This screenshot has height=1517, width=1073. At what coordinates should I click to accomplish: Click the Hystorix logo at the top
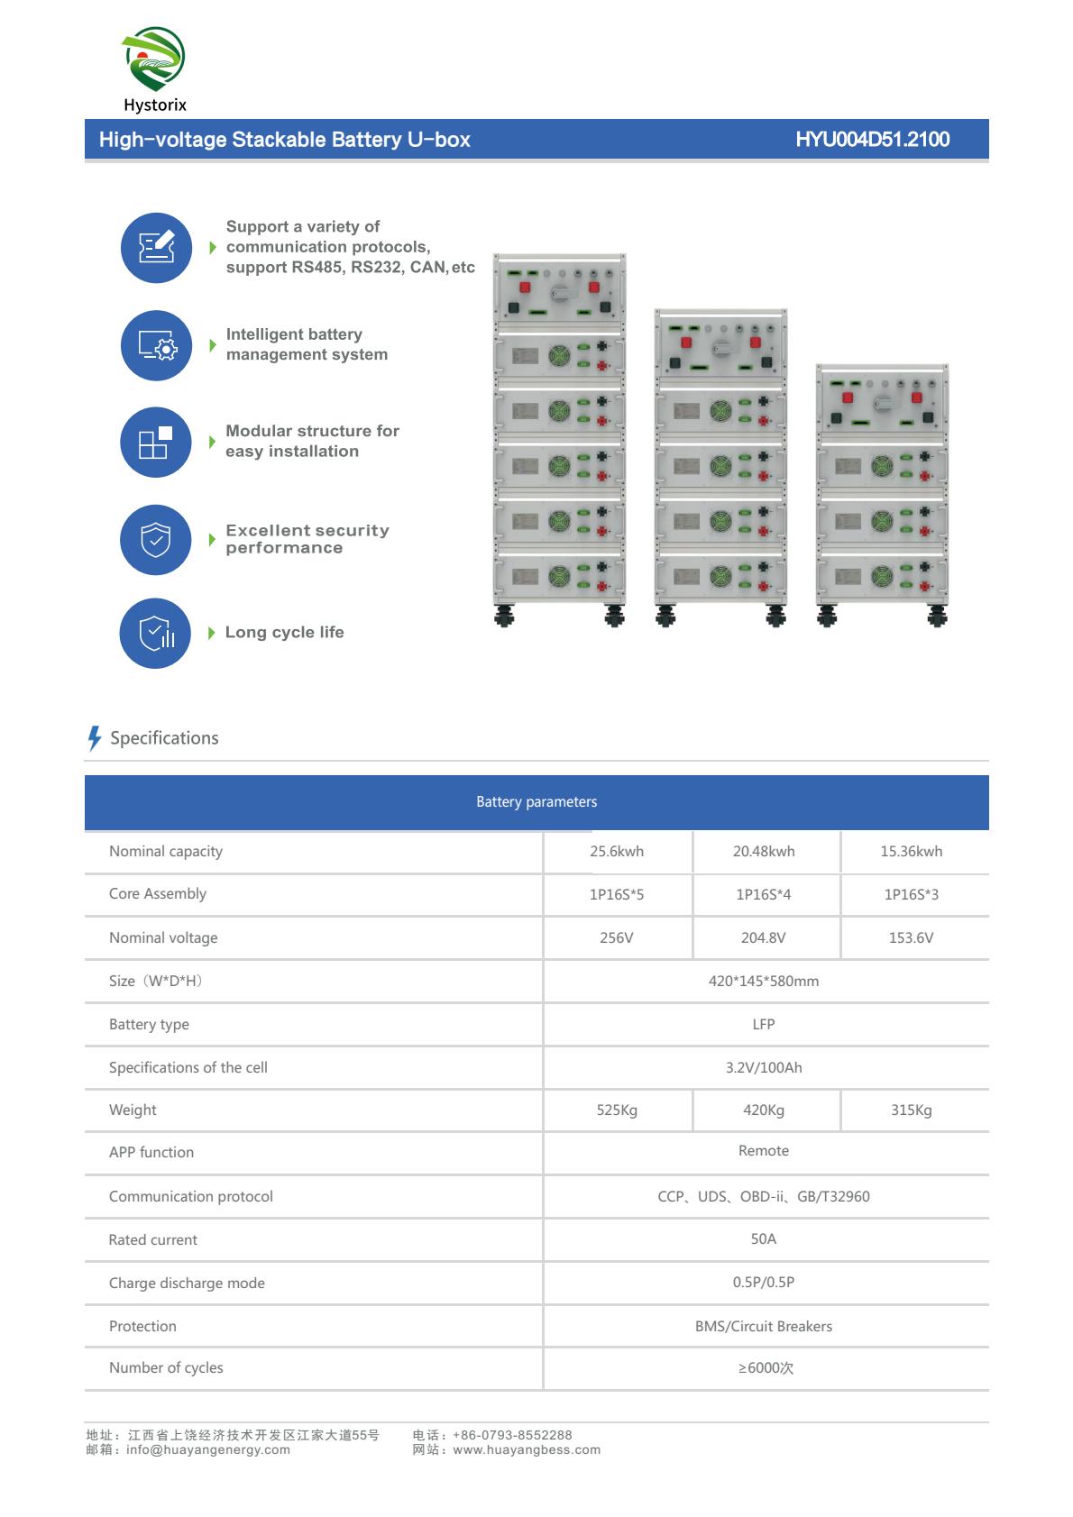(154, 69)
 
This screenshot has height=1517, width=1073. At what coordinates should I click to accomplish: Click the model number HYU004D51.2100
(872, 140)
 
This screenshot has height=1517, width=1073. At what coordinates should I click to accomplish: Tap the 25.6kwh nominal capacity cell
(617, 852)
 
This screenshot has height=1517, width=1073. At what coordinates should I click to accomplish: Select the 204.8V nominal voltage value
(764, 938)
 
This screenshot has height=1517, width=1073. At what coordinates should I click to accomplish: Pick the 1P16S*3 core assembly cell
(911, 895)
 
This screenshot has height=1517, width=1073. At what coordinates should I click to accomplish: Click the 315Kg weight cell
(911, 1110)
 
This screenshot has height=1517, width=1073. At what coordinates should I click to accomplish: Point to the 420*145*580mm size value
(764, 982)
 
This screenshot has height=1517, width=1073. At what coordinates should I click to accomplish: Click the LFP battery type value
(764, 1025)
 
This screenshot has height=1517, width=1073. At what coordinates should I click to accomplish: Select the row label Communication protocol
(191, 1197)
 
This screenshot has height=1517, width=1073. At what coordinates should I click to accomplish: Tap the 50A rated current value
(764, 1239)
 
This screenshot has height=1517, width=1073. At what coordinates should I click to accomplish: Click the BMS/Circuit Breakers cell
(764, 1327)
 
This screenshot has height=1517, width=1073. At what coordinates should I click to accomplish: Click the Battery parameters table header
(536, 802)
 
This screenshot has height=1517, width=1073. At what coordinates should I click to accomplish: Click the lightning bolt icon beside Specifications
(94, 738)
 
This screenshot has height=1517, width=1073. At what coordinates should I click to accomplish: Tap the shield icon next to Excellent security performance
(156, 540)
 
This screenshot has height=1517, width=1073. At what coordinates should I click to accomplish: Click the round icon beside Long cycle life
(155, 634)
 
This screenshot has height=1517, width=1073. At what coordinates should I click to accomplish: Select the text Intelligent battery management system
(307, 344)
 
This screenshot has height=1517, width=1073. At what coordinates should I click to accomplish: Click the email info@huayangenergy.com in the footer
(208, 1450)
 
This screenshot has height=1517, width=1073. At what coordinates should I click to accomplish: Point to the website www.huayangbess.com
(527, 1450)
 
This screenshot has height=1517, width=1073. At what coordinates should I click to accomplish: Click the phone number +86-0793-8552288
(512, 1436)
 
